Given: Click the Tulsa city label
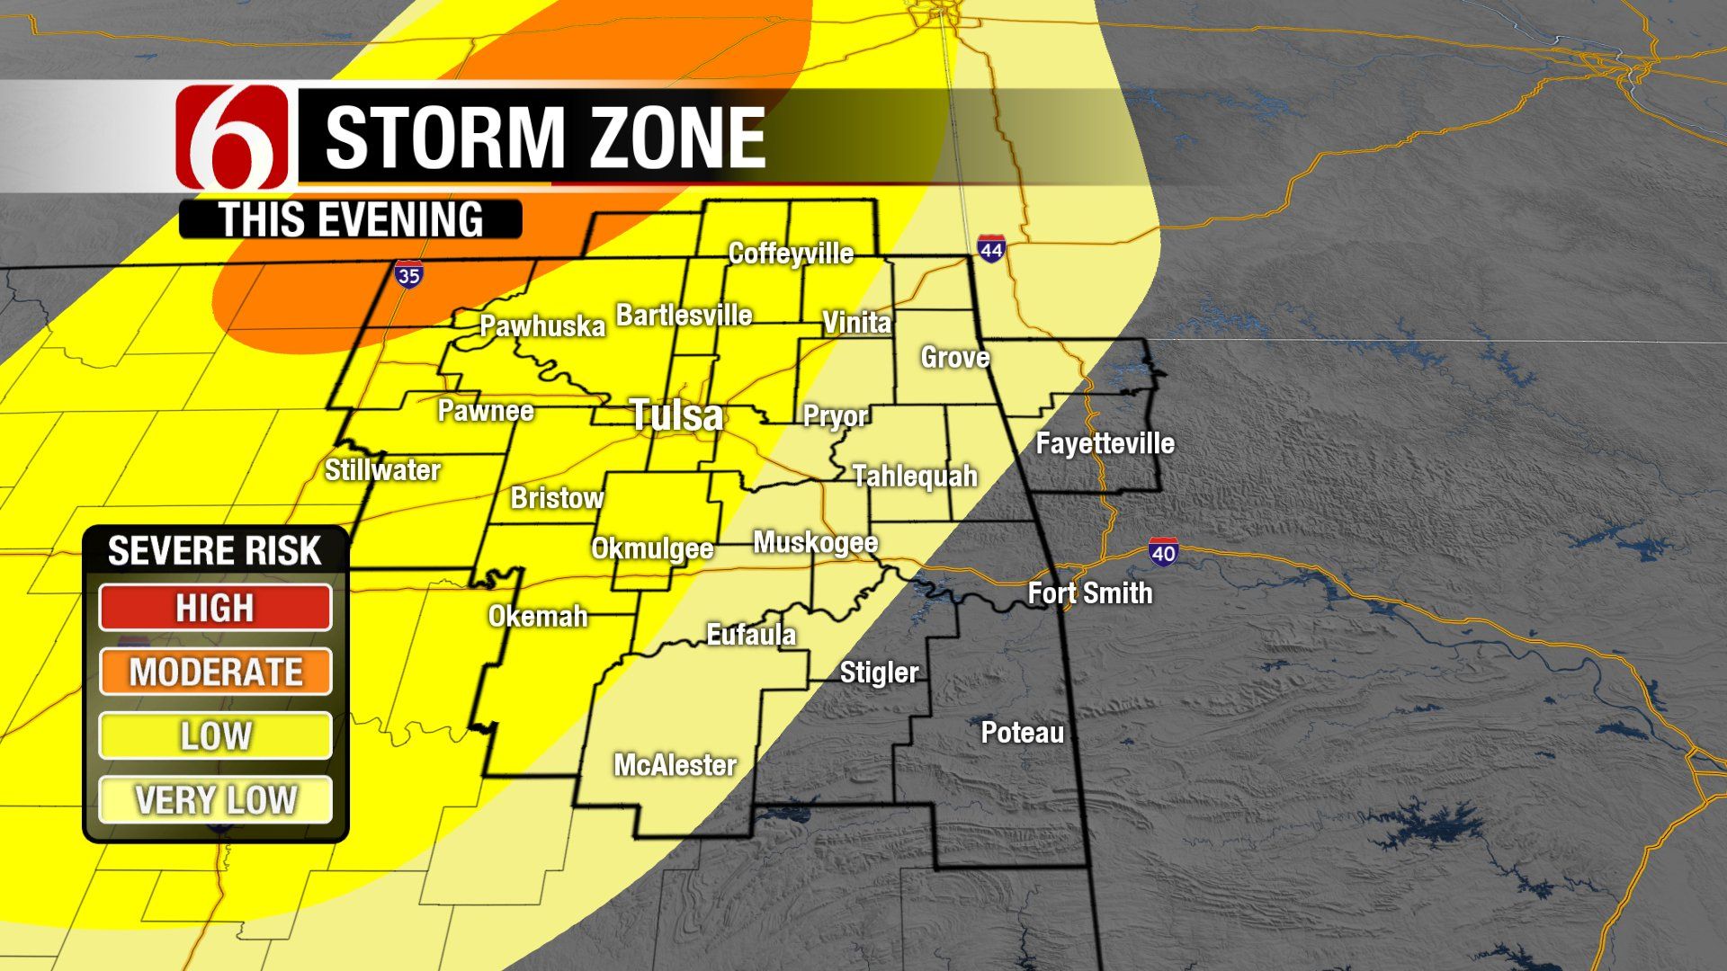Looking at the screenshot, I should pyautogui.click(x=676, y=415).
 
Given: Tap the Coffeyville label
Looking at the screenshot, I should pyautogui.click(x=791, y=254).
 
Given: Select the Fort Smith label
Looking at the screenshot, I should pyautogui.click(x=1089, y=593).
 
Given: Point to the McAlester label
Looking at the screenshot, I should pyautogui.click(x=675, y=765).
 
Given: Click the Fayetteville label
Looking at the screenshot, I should pyautogui.click(x=1105, y=443).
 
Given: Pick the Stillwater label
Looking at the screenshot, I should pyautogui.click(x=382, y=470).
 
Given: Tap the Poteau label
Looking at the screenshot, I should pyautogui.click(x=1022, y=733).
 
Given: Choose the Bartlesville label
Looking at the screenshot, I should pyautogui.click(x=684, y=316).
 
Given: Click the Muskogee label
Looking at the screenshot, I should pyautogui.click(x=815, y=542).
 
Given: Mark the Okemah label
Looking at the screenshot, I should pyautogui.click(x=538, y=617).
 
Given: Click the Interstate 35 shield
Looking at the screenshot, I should pyautogui.click(x=408, y=275).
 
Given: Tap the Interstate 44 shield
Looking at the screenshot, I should pyautogui.click(x=990, y=250).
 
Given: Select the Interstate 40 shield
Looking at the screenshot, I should pyautogui.click(x=1162, y=552).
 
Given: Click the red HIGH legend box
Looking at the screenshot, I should pyautogui.click(x=215, y=608).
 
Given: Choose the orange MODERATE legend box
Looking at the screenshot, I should pyautogui.click(x=215, y=672).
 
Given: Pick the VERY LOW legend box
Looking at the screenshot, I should pyautogui.click(x=215, y=799).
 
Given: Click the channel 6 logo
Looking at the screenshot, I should pyautogui.click(x=233, y=138).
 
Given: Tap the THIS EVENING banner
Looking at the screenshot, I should pyautogui.click(x=351, y=220).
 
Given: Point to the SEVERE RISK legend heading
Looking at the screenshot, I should pyautogui.click(x=214, y=551).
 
